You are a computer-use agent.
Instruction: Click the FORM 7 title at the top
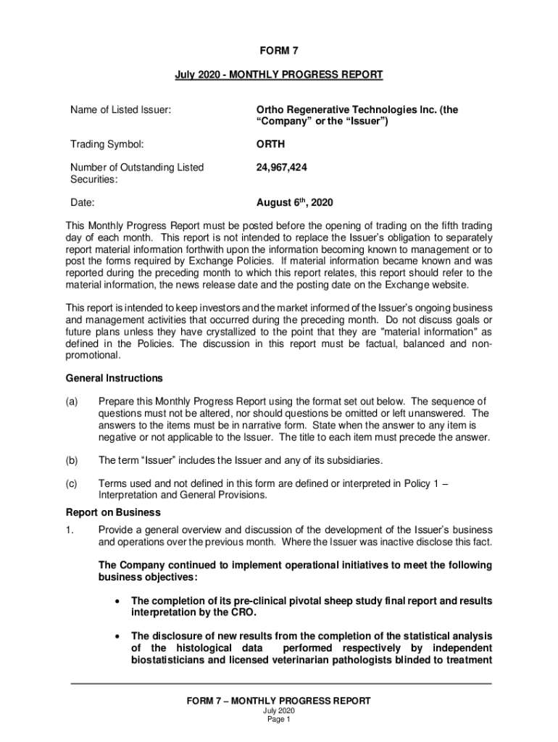click(x=279, y=51)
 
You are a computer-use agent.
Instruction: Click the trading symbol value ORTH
click(x=271, y=144)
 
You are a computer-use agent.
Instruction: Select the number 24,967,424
click(x=281, y=167)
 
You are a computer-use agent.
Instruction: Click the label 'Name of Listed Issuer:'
click(x=121, y=110)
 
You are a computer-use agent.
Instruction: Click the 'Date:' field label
click(x=83, y=203)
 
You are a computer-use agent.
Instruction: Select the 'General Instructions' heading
click(x=114, y=378)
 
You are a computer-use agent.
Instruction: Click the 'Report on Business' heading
click(x=112, y=512)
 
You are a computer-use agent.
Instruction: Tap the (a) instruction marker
click(x=72, y=401)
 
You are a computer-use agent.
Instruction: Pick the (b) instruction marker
click(x=72, y=460)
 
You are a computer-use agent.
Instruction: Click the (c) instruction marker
click(x=72, y=483)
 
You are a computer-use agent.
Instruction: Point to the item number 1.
click(x=70, y=530)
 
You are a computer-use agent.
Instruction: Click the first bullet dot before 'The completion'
click(x=117, y=601)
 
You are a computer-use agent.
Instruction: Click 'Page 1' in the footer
click(x=279, y=720)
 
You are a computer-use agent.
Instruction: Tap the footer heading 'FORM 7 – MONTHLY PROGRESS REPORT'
click(x=279, y=701)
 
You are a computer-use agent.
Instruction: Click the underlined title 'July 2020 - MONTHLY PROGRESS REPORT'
click(x=279, y=75)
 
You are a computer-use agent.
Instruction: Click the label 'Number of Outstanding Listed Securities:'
click(x=137, y=173)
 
